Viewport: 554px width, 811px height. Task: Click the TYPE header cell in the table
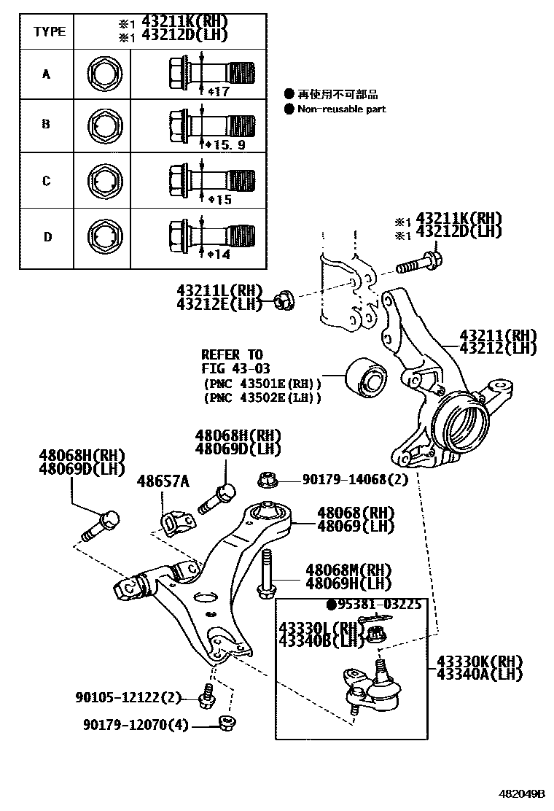[49, 31]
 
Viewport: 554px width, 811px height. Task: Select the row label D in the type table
[47, 236]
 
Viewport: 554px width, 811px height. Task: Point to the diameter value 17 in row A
[219, 91]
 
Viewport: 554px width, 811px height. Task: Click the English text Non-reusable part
[341, 109]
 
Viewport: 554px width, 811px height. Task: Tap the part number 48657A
[165, 481]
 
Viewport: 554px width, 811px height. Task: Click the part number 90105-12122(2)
[128, 697]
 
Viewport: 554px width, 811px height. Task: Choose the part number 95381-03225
[378, 604]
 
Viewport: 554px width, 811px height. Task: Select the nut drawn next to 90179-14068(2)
[266, 480]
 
